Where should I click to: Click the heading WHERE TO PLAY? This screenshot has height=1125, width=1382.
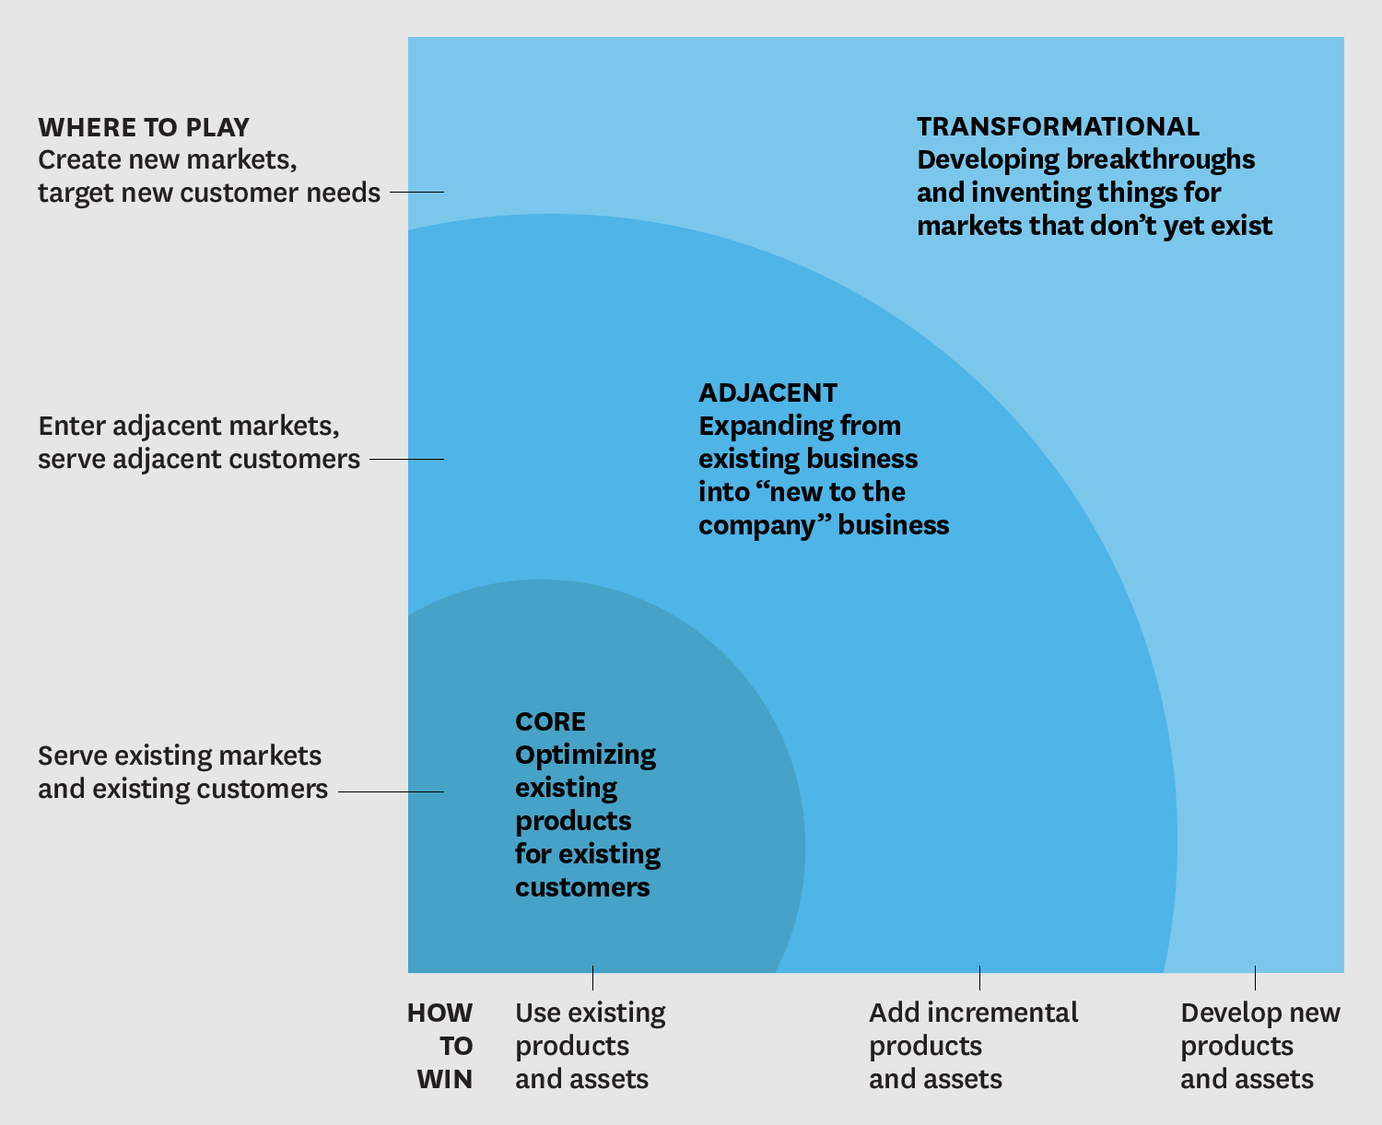pos(144,127)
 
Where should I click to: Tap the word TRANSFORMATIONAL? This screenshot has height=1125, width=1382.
pos(1058,127)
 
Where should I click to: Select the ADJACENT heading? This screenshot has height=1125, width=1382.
pos(767,393)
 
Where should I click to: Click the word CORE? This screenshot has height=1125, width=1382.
pos(550,721)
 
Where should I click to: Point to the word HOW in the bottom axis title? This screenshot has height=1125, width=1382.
pos(440,1013)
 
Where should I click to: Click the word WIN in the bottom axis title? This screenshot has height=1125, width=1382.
pos(445,1079)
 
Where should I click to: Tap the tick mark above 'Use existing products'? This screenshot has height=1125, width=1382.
pos(592,977)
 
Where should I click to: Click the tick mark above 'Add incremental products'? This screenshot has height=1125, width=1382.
pos(979,977)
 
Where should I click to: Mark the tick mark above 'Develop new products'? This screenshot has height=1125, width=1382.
pos(1255,977)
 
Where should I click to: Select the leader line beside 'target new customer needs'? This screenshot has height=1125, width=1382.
pos(416,192)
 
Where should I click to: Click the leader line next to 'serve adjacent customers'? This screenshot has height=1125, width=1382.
pos(406,459)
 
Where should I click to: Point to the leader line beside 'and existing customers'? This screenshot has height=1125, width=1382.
pos(391,791)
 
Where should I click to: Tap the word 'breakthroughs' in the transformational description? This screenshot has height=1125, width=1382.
pos(1160,159)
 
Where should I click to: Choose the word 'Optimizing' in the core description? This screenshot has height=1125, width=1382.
pos(585,756)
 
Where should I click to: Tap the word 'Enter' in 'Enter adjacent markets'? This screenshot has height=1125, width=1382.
pos(71,426)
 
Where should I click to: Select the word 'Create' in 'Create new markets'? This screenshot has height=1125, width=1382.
pos(79,159)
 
